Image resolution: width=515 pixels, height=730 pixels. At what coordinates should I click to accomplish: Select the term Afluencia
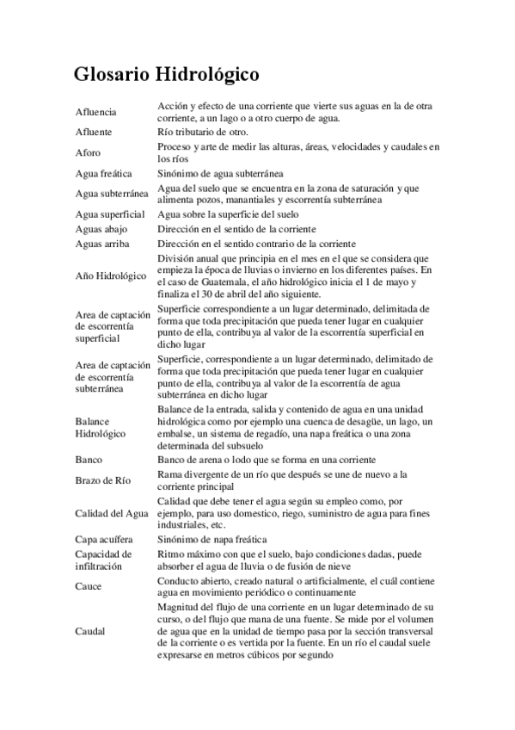(96, 113)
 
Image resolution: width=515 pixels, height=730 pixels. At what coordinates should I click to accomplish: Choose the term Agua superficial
(110, 214)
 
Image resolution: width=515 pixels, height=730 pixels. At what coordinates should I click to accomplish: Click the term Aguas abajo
(101, 230)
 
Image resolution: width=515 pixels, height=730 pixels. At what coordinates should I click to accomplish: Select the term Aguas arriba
(102, 244)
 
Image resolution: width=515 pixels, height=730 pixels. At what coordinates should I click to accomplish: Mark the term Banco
(89, 460)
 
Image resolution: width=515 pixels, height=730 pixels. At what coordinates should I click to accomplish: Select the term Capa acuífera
(104, 539)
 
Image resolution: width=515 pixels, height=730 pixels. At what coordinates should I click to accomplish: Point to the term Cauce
(89, 586)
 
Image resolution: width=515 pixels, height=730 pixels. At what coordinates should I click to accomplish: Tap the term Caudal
(90, 631)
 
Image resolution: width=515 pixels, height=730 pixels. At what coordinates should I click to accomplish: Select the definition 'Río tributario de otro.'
(203, 133)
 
